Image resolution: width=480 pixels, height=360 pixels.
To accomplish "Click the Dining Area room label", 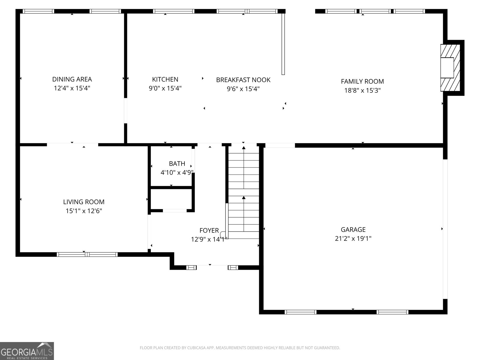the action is (x=72, y=79).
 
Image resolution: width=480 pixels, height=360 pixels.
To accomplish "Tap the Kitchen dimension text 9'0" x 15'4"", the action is (x=165, y=88).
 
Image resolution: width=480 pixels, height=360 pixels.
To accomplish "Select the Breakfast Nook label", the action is (x=243, y=80).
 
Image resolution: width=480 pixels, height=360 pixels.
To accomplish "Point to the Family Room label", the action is (x=362, y=82).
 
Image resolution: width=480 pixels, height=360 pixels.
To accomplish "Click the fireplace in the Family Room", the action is (x=450, y=68).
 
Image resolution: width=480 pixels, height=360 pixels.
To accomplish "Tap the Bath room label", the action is (x=177, y=163).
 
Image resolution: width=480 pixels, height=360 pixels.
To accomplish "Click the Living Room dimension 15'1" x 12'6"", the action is (x=84, y=211).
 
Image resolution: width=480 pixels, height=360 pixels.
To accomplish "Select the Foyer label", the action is (x=209, y=230).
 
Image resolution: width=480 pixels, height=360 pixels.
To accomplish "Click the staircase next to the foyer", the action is (x=244, y=192).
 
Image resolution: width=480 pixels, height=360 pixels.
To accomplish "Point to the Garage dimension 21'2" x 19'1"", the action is (x=353, y=238).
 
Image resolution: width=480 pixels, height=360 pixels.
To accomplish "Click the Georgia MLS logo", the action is (x=27, y=351).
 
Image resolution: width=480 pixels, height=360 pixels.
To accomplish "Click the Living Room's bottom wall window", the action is (x=87, y=254).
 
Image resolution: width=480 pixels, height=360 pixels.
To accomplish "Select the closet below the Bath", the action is (x=171, y=199).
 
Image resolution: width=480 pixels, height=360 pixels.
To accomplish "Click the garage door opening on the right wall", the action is (x=445, y=229).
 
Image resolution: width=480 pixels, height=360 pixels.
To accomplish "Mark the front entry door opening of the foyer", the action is (x=212, y=267).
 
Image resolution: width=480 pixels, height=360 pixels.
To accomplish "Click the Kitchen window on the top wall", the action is (x=174, y=11).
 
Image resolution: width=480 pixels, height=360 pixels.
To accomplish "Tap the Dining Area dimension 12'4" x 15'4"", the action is (x=72, y=88).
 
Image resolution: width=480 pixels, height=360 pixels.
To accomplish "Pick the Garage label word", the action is (x=353, y=229).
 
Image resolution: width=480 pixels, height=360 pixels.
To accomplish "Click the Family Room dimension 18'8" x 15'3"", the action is (x=362, y=91).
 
